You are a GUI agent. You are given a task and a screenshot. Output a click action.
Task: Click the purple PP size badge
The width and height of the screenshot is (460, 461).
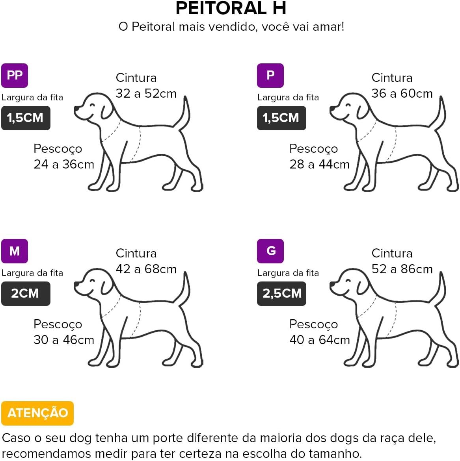tap(15, 76)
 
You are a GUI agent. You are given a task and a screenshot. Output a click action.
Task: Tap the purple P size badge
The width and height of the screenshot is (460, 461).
tap(270, 76)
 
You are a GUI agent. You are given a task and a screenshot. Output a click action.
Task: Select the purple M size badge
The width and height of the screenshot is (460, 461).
tap(15, 251)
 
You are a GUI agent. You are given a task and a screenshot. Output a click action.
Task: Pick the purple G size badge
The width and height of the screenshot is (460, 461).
tap(270, 251)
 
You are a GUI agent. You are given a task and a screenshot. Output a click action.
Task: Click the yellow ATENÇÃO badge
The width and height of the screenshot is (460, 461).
tap(37, 413)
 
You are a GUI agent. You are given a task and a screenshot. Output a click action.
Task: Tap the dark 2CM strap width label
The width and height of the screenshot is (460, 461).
tap(26, 293)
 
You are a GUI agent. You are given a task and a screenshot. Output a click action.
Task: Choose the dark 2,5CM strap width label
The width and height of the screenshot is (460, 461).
tap(281, 293)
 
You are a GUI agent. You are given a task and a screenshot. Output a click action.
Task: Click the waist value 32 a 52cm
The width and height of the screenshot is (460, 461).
tap(146, 93)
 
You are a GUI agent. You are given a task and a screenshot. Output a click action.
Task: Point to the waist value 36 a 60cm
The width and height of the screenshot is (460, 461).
tap(402, 93)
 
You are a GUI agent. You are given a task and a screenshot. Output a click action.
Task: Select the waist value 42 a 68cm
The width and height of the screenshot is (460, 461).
tap(146, 269)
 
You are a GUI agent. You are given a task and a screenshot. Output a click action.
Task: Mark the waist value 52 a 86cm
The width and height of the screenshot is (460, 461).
tap(402, 269)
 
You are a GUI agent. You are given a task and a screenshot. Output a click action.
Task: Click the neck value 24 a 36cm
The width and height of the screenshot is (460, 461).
tap(64, 164)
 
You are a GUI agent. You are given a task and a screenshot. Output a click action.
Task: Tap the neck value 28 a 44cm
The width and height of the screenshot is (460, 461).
tap(320, 164)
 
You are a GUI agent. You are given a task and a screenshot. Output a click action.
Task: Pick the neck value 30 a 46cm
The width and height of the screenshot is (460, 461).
tap(64, 340)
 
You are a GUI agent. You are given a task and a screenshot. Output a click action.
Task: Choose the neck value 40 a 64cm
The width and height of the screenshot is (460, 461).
tap(320, 340)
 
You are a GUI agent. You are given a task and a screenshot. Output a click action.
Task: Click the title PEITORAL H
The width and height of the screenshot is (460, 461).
tap(231, 8)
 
